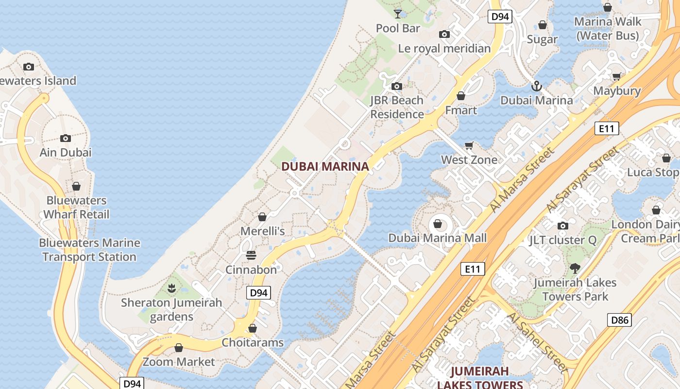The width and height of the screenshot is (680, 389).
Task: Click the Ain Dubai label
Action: tap(65, 152)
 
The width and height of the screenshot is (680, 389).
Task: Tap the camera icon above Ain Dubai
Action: tap(65, 139)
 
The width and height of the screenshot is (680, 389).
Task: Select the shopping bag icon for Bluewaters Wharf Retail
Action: tap(76, 186)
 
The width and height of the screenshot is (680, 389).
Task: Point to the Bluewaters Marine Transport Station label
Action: tap(89, 249)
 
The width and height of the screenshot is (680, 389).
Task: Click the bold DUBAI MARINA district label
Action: tap(325, 166)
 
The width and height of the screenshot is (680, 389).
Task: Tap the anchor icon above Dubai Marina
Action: tap(537, 87)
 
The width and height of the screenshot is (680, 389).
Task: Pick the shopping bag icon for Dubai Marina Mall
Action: tap(437, 224)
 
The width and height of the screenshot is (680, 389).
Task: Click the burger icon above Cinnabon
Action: tap(251, 255)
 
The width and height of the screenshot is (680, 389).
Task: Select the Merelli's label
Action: tap(263, 231)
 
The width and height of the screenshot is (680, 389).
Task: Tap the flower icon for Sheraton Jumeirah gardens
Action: tap(171, 288)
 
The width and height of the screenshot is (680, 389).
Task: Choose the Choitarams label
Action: tap(253, 342)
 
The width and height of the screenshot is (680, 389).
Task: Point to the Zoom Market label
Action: tap(178, 362)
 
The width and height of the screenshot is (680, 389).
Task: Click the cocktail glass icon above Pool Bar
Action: tap(398, 14)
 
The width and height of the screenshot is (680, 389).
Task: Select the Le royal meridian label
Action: tap(444, 49)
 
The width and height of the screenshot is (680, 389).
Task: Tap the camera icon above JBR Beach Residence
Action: tap(397, 87)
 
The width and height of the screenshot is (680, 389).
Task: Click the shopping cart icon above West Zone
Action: tap(469, 146)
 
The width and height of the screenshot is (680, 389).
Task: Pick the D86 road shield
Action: tap(619, 320)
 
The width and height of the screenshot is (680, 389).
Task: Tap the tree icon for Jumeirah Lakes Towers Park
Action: tap(575, 268)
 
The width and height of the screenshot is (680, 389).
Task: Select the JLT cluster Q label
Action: tap(562, 240)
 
